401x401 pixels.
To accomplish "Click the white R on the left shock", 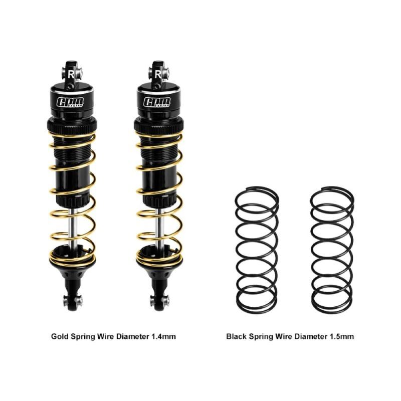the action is tap(71, 74).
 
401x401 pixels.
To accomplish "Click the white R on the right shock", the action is tap(158, 74).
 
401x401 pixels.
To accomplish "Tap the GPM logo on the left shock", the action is tap(70, 102).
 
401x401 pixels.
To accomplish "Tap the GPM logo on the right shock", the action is tap(157, 102).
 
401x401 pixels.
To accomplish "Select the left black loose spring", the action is tap(257, 250).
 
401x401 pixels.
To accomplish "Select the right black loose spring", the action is tap(332, 250).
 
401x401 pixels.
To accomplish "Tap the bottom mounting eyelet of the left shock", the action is tap(73, 301).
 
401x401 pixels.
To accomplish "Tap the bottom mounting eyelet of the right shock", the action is tap(159, 301).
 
